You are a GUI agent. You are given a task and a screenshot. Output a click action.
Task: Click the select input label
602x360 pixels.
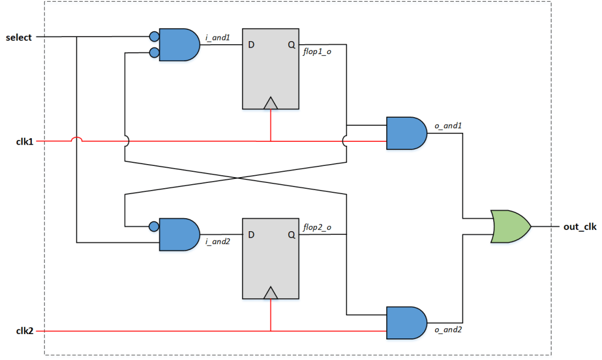click(x=18, y=38)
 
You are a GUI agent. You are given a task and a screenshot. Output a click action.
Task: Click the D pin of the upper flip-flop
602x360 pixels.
click(x=251, y=45)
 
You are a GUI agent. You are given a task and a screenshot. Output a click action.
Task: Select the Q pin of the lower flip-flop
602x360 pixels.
click(x=291, y=235)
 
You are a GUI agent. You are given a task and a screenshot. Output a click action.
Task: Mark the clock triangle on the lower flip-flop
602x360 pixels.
click(x=270, y=292)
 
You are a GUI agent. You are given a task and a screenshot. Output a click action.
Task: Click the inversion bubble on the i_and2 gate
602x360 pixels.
click(x=155, y=226)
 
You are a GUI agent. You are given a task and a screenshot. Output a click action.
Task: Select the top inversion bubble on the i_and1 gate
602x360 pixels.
click(x=155, y=38)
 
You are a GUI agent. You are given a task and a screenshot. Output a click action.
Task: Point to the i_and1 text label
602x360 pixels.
click(x=218, y=38)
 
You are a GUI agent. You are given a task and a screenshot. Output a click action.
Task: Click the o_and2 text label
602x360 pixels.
click(x=448, y=329)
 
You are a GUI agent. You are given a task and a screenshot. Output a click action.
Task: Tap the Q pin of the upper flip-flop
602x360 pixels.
click(x=291, y=45)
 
